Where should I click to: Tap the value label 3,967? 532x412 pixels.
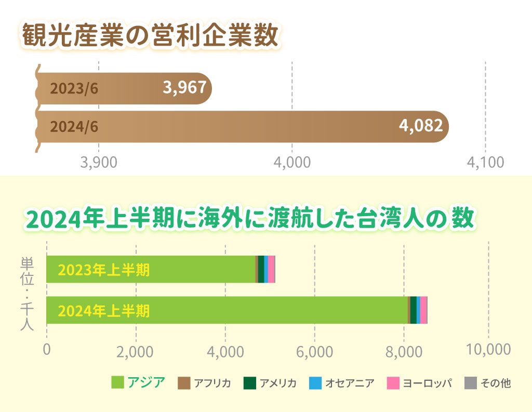[x=184, y=88]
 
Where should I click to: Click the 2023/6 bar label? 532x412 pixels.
[x=74, y=88]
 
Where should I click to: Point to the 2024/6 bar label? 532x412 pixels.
[x=74, y=126]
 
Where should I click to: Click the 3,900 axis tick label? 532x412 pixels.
[x=99, y=162]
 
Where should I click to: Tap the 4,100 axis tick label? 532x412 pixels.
[x=485, y=162]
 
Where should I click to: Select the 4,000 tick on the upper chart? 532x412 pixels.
[x=292, y=162]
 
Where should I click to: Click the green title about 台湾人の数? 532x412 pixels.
[x=250, y=219]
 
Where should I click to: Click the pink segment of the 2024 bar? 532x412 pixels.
[x=423, y=310]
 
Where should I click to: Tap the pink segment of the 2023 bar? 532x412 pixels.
[x=271, y=269]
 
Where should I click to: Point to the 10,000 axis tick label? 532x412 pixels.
[x=488, y=349]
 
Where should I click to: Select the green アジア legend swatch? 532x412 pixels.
[x=118, y=383]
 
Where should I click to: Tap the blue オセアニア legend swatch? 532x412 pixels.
[x=315, y=383]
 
